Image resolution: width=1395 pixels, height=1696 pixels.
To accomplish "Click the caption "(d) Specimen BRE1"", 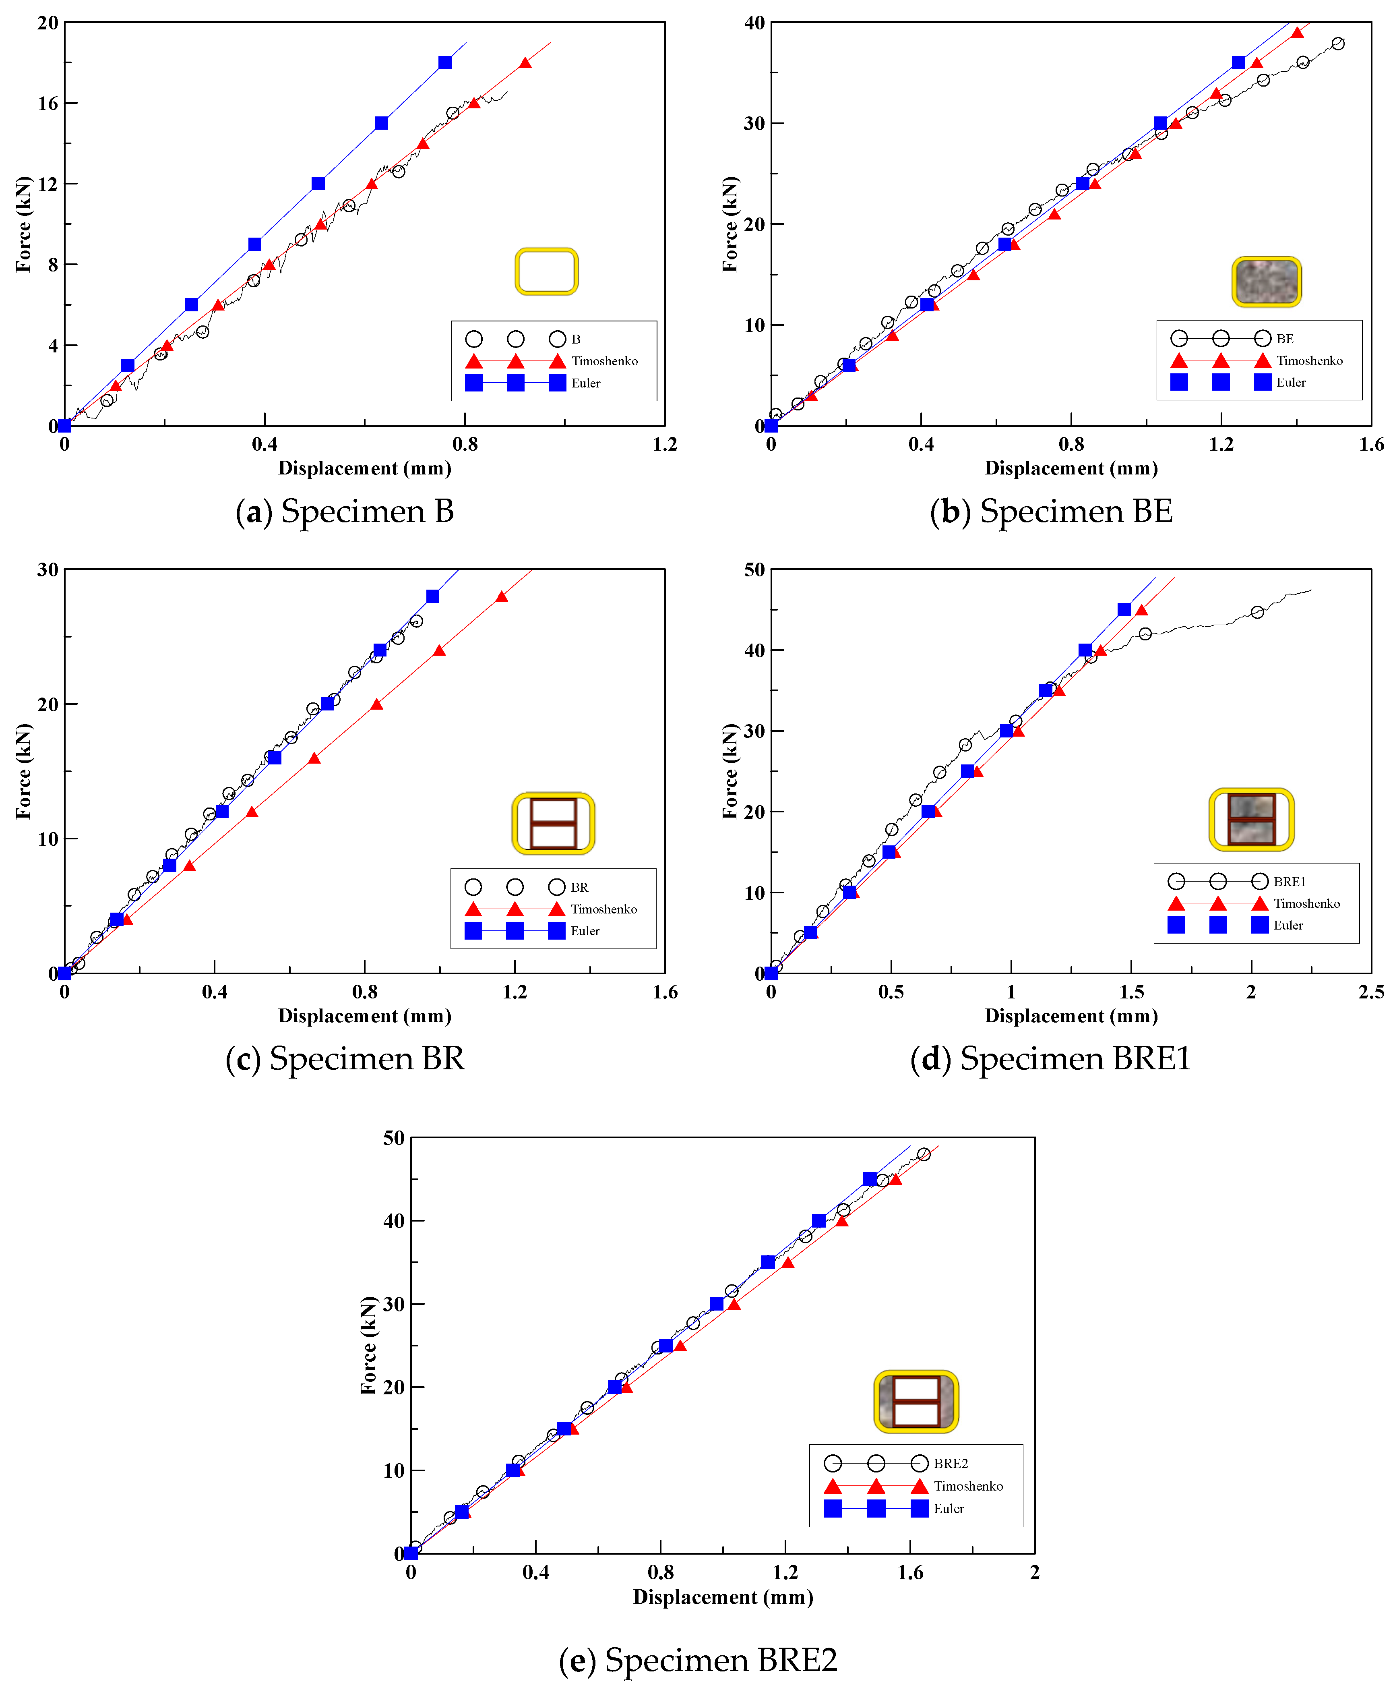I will [x=1050, y=1058].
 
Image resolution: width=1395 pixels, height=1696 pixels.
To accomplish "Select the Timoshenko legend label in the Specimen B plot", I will [x=604, y=361].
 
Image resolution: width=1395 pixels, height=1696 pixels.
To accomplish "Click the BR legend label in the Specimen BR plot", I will [x=579, y=887].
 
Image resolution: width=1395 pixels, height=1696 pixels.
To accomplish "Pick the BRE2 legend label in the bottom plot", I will [x=951, y=1464].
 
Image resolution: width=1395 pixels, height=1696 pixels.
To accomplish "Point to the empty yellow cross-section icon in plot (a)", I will [x=546, y=272].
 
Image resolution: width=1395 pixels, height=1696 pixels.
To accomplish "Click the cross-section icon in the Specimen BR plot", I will [x=554, y=824].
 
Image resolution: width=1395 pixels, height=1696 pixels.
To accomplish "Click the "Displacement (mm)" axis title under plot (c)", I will [x=365, y=1016].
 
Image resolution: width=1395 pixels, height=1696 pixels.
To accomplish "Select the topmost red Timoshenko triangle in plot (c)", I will [x=501, y=596].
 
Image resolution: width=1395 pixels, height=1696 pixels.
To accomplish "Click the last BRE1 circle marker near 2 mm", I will [x=1258, y=613].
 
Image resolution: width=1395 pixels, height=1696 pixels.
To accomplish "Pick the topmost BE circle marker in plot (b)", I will [x=1338, y=43].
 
